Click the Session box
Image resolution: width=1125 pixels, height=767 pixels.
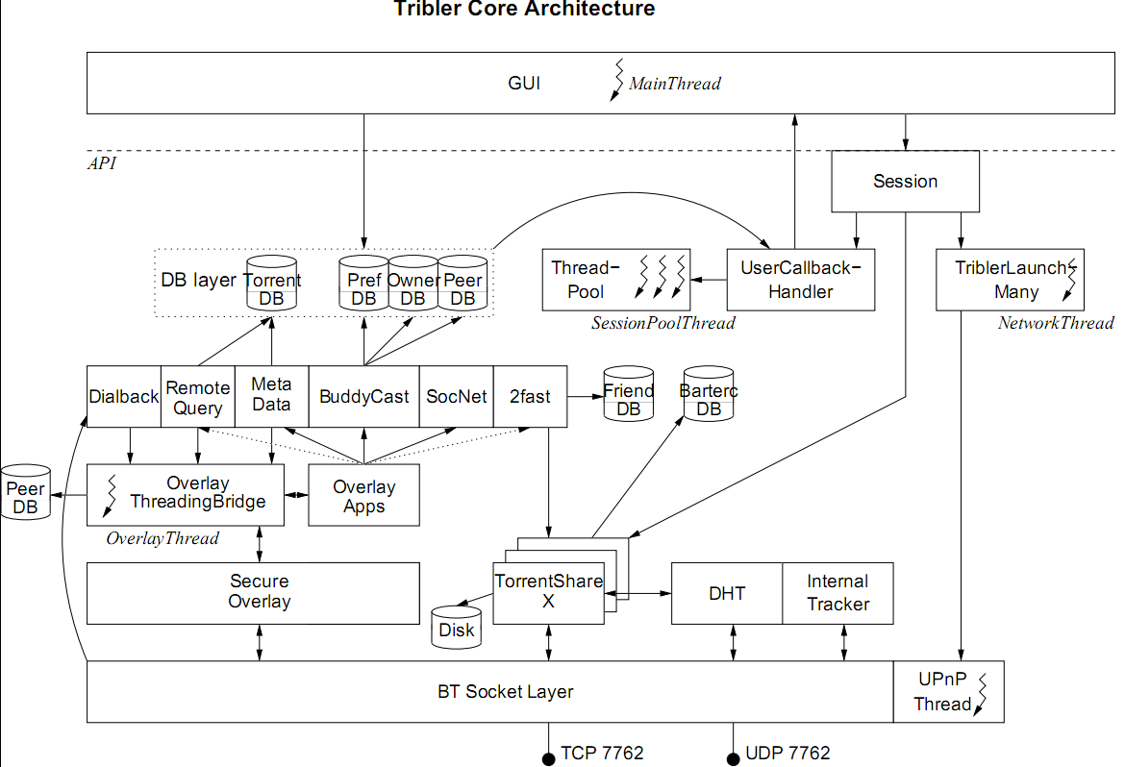point(905,182)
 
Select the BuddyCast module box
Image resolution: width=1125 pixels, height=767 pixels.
point(363,397)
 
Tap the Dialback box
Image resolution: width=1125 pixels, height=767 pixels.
point(123,397)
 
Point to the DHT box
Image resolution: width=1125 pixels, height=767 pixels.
point(727,593)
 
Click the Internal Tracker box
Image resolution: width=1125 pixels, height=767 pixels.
point(837,593)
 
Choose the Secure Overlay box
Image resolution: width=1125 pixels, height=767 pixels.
point(253,592)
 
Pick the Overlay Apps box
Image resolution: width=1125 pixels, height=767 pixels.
point(363,496)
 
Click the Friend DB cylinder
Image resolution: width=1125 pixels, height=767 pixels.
point(628,395)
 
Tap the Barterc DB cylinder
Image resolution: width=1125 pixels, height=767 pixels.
point(709,395)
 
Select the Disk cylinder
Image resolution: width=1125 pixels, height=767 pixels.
point(456,628)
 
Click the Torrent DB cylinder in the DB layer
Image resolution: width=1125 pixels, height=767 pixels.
point(271,285)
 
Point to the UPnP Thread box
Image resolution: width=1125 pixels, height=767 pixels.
point(948,692)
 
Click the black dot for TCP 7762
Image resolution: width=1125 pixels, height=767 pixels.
point(548,759)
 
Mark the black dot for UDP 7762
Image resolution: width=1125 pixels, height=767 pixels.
point(733,759)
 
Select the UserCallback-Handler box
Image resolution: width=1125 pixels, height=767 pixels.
point(800,280)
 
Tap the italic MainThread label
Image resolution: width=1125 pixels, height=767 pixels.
point(674,84)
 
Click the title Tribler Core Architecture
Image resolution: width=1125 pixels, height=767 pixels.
point(524,10)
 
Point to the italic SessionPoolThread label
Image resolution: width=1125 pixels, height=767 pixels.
point(662,324)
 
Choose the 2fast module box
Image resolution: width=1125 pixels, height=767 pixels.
point(530,397)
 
